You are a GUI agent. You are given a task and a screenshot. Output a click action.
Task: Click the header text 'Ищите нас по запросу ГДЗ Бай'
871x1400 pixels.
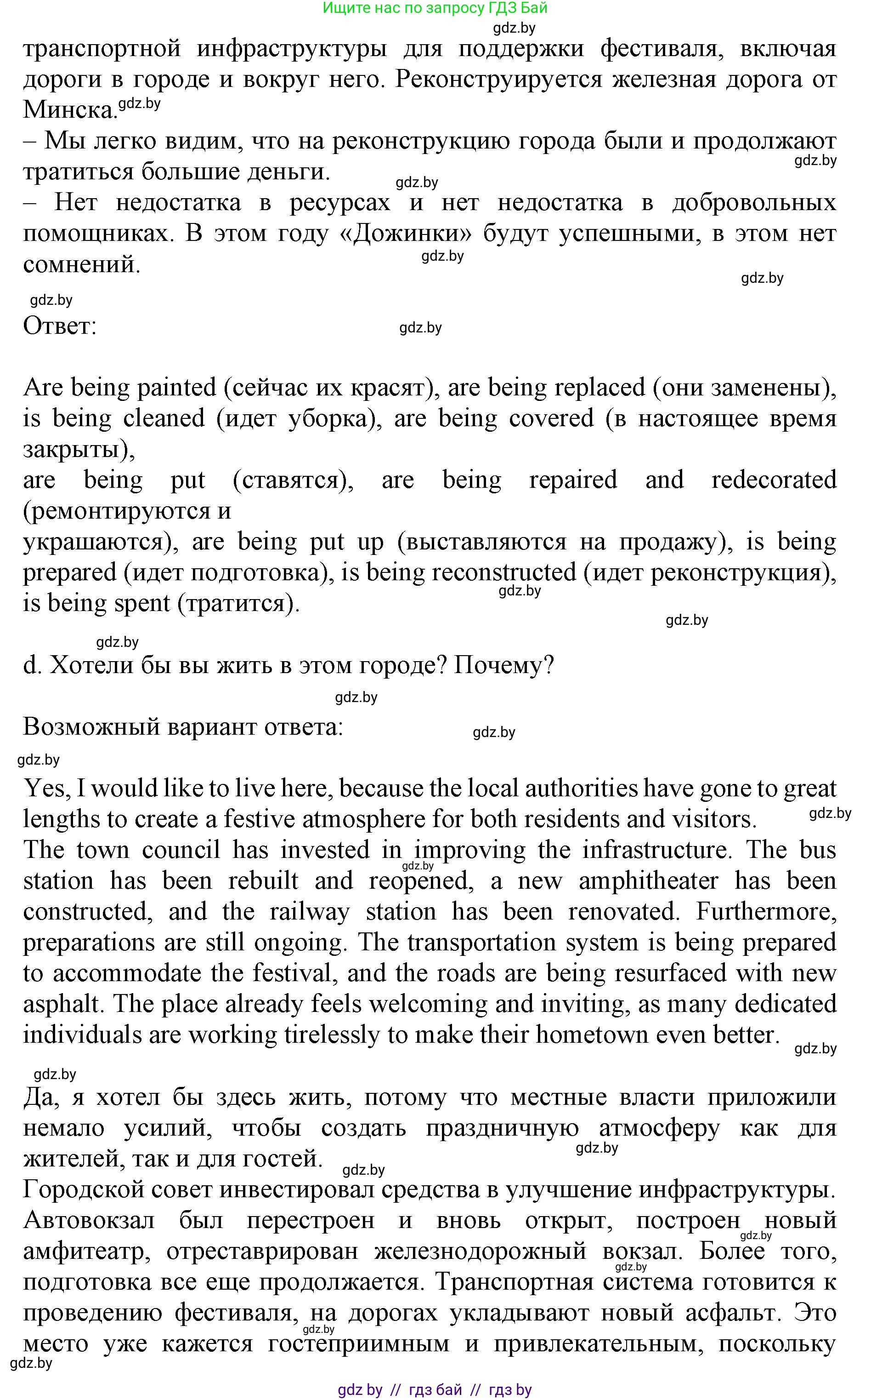click(x=435, y=8)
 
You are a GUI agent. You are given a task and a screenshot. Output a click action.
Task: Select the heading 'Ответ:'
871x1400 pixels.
click(x=59, y=326)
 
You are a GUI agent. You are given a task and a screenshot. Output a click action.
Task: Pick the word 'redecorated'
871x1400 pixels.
click(x=774, y=480)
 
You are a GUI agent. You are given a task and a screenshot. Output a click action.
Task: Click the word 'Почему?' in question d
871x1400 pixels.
click(x=503, y=665)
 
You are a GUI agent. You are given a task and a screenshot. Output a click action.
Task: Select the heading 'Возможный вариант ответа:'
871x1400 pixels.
click(x=183, y=727)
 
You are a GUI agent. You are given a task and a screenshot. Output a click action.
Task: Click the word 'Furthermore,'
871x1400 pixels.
click(x=766, y=912)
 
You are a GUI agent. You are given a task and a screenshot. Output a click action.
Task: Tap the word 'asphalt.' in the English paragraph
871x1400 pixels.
click(x=63, y=1005)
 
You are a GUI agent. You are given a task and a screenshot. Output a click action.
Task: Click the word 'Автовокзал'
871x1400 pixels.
click(x=89, y=1220)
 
